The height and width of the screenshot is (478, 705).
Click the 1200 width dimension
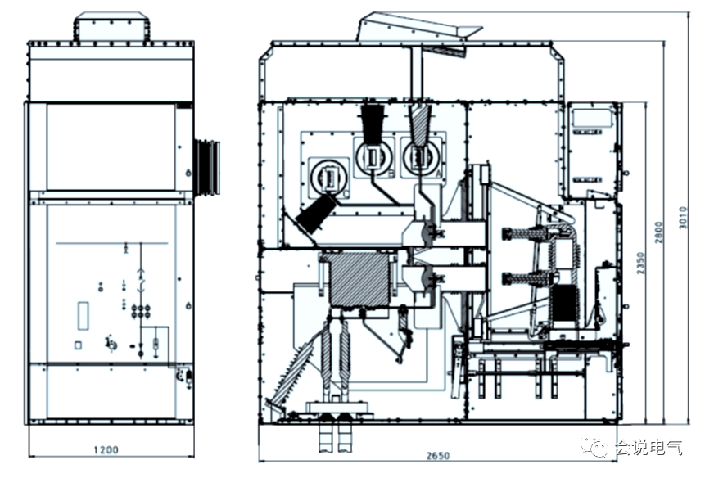(x=106, y=449)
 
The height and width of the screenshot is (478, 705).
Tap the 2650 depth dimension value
(x=438, y=456)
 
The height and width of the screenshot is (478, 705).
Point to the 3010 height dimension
(x=683, y=218)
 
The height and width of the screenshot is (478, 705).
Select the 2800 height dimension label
(x=658, y=232)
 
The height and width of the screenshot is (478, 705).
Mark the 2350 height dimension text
(x=640, y=264)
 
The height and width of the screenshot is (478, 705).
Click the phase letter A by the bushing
(x=439, y=173)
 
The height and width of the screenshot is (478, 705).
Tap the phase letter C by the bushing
(x=346, y=194)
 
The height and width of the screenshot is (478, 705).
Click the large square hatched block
(x=359, y=279)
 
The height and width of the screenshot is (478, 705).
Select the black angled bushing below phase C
(x=317, y=214)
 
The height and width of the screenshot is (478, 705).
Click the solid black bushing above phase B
(x=373, y=123)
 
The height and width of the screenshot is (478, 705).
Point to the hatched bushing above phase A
(x=419, y=124)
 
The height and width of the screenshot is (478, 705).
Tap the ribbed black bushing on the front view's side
(x=207, y=167)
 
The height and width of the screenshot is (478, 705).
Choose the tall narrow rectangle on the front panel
(x=84, y=316)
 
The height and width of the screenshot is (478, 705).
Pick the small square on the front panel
(x=78, y=345)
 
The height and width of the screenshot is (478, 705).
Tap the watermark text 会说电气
(x=648, y=448)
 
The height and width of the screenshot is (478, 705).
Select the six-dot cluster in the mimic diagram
(x=141, y=311)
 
